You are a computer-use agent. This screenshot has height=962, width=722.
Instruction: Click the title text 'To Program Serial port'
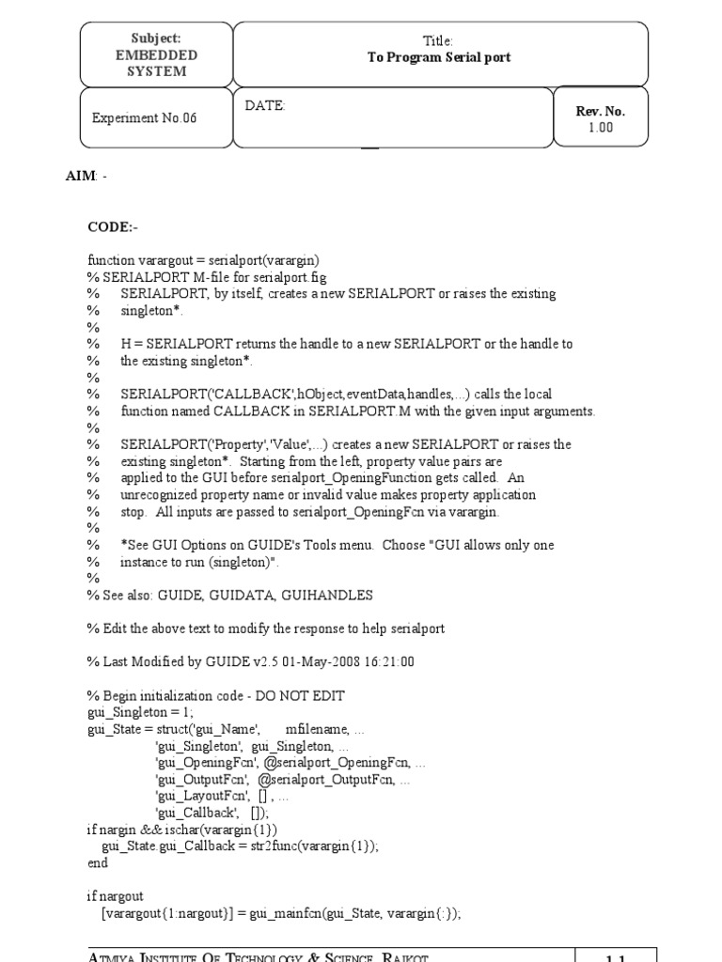pyautogui.click(x=439, y=57)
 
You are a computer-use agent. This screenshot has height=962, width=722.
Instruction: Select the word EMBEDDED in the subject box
pyautogui.click(x=157, y=54)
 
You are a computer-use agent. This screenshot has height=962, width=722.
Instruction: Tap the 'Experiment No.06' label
pyautogui.click(x=145, y=118)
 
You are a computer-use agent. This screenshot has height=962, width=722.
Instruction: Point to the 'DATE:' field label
pyautogui.click(x=265, y=106)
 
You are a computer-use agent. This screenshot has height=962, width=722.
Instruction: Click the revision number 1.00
pyautogui.click(x=601, y=128)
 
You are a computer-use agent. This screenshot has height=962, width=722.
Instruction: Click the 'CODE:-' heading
pyautogui.click(x=113, y=226)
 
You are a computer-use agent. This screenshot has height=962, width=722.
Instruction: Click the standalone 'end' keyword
pyautogui.click(x=98, y=863)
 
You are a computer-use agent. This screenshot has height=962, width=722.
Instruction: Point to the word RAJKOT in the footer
pyautogui.click(x=400, y=957)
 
